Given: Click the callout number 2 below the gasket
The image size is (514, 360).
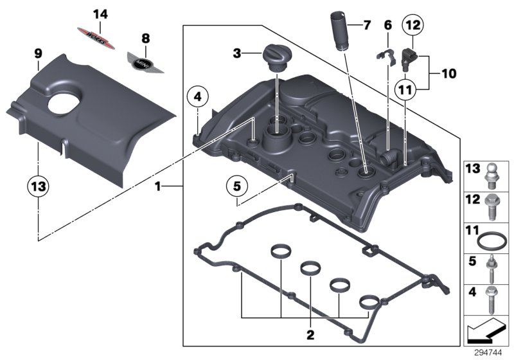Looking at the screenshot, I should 310,334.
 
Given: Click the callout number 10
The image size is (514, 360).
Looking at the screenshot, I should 447,74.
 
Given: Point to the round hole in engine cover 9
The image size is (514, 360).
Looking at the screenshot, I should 63,105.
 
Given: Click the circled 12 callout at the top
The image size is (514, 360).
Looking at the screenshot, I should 413,26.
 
